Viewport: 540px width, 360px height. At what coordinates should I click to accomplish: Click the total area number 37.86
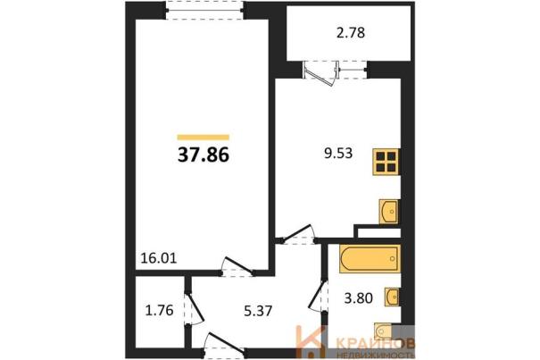204,155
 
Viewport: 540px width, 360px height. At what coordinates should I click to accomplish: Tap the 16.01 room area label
159,257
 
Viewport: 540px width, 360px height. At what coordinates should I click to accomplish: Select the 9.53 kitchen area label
338,153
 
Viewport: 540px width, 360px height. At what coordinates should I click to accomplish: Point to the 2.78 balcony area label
351,33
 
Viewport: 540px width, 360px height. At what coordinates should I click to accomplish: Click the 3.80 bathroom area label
359,298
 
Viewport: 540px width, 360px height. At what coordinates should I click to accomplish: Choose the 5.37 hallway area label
258,311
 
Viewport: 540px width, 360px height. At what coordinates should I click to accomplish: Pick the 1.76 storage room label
159,310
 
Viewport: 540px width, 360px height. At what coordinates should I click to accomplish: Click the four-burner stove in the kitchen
386,162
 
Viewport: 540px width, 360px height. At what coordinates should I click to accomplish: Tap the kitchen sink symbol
389,212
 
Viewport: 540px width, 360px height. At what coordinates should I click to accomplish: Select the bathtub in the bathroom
370,259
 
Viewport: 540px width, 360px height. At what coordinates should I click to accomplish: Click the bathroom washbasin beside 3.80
392,297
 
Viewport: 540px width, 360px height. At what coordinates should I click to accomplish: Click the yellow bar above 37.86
204,138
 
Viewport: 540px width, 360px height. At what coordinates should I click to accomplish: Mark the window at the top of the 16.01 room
205,11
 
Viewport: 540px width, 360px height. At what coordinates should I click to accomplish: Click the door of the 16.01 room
237,267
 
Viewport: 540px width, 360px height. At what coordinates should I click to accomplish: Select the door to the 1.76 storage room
194,309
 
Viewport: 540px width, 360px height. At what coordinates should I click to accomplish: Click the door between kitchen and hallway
297,234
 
